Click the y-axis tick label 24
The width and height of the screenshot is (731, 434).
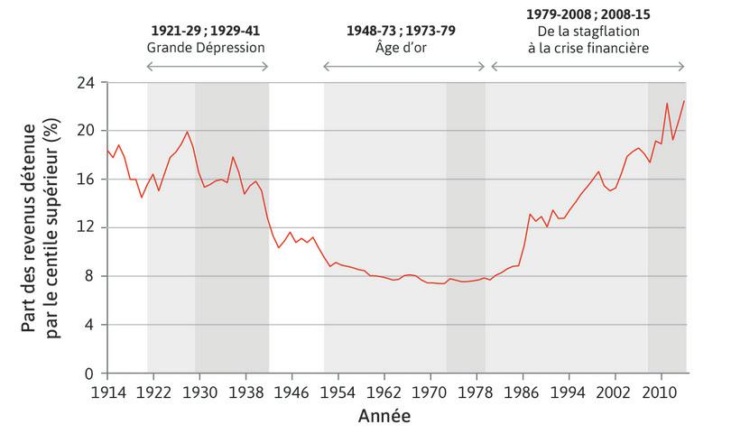point(88,81)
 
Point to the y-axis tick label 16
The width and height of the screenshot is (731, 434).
point(88,179)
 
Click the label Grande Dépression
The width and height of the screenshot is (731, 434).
point(207,46)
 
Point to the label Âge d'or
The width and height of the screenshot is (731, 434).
point(402,46)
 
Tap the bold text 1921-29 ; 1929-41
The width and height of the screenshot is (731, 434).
point(207,30)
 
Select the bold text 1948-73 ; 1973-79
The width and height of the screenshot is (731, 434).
point(402,30)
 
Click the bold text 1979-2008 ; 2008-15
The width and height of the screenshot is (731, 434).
point(588,14)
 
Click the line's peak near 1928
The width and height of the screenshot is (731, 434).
point(188,133)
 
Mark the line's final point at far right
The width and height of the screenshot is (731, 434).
point(684,100)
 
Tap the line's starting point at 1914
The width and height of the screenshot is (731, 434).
point(106,150)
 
